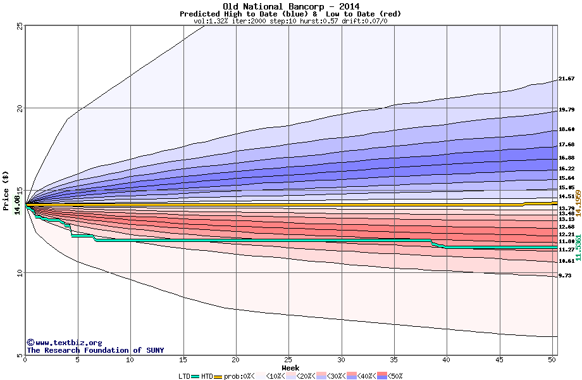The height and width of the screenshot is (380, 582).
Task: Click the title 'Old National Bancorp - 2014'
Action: click(x=290, y=6)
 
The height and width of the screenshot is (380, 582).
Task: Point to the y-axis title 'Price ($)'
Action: click(x=6, y=190)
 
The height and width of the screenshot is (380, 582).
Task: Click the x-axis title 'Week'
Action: click(x=290, y=368)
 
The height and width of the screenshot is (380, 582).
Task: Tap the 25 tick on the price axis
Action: click(x=20, y=26)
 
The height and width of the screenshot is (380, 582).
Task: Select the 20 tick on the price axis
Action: click(x=20, y=108)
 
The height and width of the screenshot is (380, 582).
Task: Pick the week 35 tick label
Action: click(x=393, y=360)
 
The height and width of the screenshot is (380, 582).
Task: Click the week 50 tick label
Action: click(x=552, y=360)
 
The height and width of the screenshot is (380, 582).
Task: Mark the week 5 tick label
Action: click(x=77, y=360)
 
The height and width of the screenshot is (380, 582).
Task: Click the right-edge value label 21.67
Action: click(x=567, y=79)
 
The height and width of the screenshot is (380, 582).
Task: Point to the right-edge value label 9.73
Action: click(x=565, y=276)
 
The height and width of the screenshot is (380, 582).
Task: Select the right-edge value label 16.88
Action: click(x=567, y=158)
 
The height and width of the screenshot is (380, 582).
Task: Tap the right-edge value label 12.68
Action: click(x=567, y=227)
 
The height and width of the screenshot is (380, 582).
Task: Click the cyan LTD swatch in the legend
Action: click(x=195, y=376)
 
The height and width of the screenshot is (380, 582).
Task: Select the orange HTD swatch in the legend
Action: click(x=219, y=376)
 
